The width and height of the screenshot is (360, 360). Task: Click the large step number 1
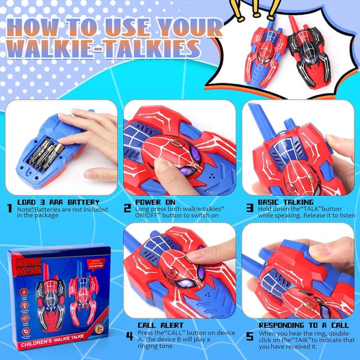(x=9, y=208)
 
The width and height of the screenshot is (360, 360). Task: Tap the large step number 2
(x=128, y=208)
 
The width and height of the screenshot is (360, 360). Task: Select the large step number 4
(x=130, y=336)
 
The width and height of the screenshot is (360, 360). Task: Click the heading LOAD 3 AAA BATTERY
(x=59, y=202)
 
